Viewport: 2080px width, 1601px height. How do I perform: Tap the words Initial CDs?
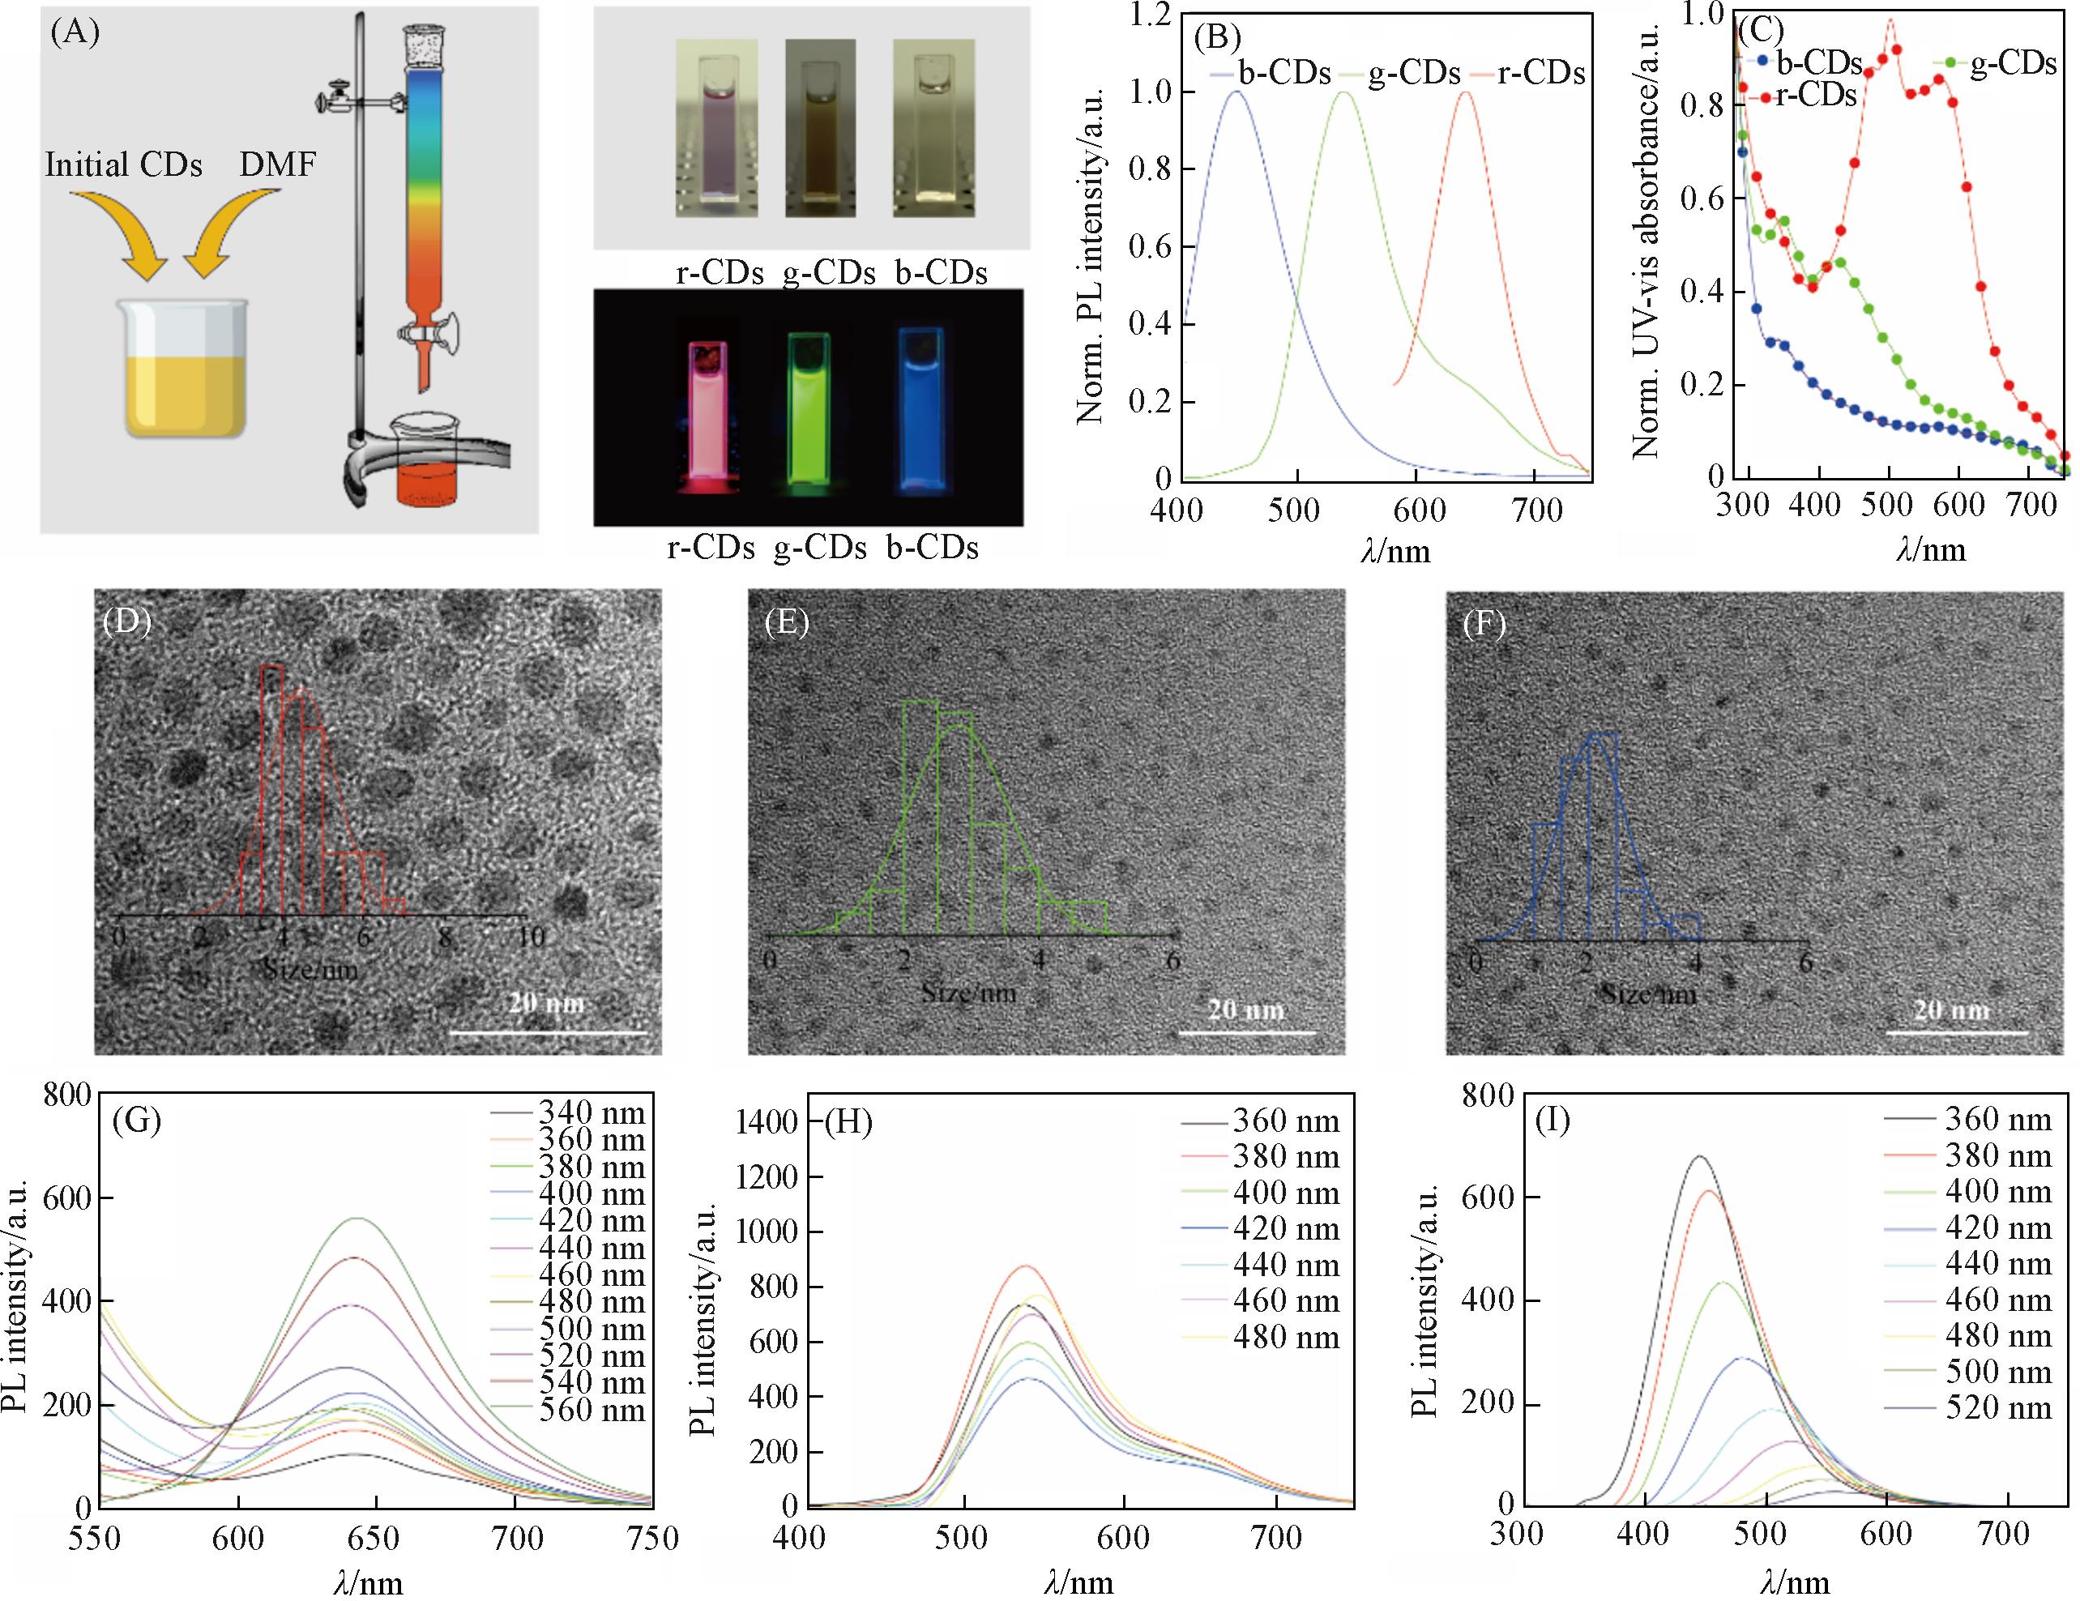(x=124, y=164)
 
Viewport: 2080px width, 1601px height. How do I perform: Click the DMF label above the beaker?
(x=277, y=164)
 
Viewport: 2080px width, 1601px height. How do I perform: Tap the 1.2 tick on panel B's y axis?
(x=1150, y=15)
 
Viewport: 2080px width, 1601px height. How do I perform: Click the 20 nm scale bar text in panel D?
(x=545, y=1003)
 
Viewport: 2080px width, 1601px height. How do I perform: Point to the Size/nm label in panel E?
(x=968, y=993)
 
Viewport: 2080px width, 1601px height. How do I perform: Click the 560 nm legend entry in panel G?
(x=592, y=1411)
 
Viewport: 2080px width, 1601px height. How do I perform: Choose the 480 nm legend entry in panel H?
(x=1286, y=1337)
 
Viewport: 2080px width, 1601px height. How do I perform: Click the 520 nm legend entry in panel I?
(x=1997, y=1407)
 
